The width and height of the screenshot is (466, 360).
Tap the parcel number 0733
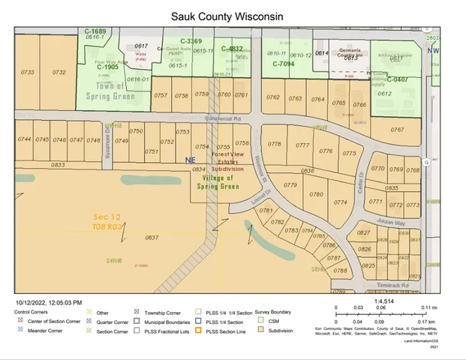(29, 72)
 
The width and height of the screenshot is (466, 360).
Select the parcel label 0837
(152, 237)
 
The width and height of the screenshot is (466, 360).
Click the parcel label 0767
(397, 129)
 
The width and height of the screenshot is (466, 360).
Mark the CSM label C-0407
(395, 79)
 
